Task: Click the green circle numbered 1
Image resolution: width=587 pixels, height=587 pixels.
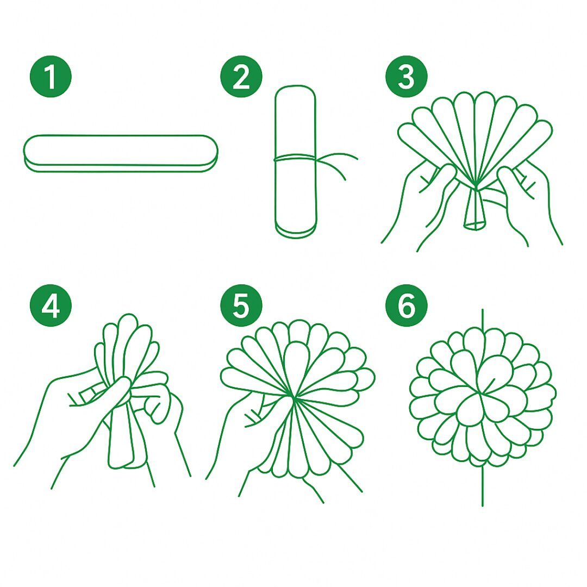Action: [x=51, y=77]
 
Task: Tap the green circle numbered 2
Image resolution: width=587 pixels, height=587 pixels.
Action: [x=241, y=77]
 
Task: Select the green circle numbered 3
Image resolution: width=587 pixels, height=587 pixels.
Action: [x=406, y=77]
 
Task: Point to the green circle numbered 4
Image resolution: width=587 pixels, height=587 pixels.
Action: [x=51, y=305]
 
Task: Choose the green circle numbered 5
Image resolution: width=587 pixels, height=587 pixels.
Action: [x=241, y=305]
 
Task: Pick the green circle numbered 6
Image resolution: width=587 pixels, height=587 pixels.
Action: [x=406, y=305]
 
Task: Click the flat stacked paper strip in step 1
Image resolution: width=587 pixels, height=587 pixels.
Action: [x=120, y=153]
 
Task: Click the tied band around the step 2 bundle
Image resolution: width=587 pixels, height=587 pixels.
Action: [x=296, y=159]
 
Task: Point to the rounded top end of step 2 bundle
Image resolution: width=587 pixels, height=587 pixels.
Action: [x=295, y=92]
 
